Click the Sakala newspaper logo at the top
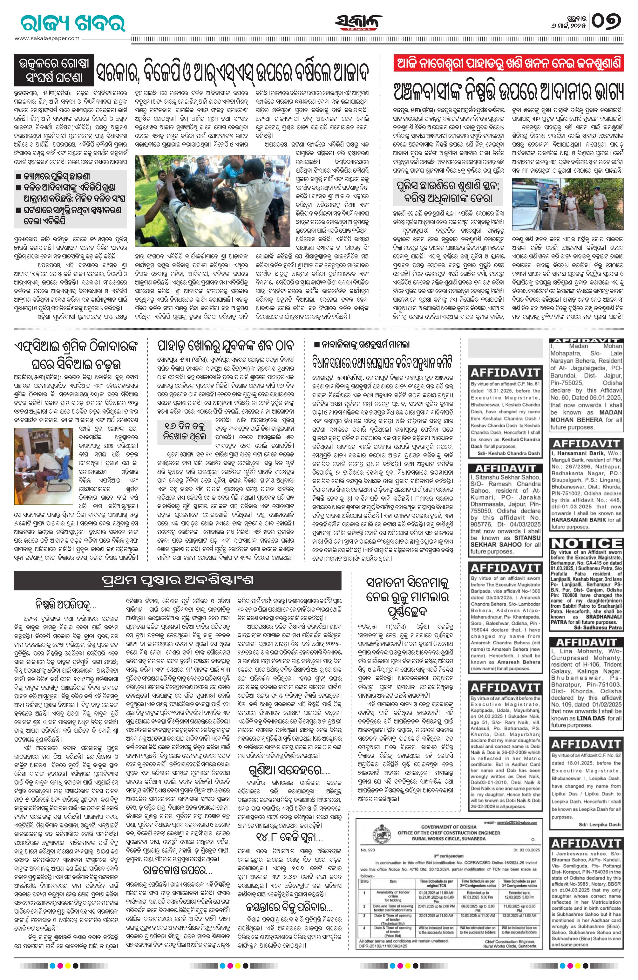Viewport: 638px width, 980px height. (358, 23)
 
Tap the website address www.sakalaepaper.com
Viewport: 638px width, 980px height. (47, 38)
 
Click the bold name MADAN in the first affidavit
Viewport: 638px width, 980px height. (610, 413)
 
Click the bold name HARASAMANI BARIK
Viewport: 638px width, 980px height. (578, 520)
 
